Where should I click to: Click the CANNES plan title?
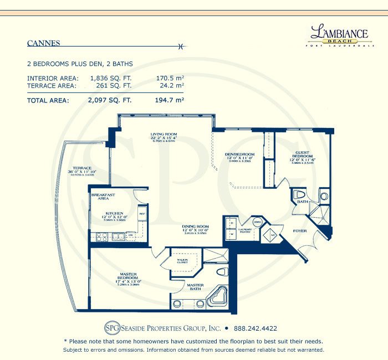point(44,43)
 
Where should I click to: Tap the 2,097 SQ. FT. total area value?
point(109,101)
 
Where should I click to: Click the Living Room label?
point(163,135)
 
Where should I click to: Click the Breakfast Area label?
point(103,197)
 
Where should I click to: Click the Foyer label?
point(300,232)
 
